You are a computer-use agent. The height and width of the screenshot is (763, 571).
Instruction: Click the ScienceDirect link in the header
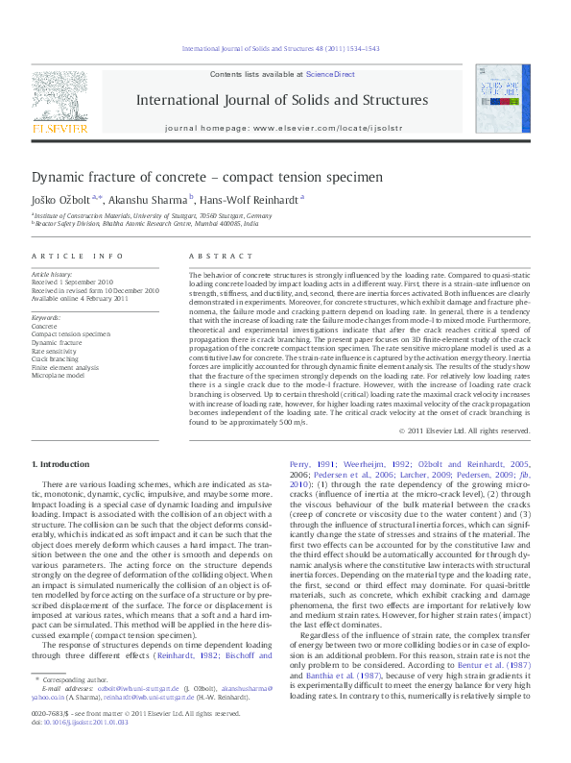click(x=330, y=74)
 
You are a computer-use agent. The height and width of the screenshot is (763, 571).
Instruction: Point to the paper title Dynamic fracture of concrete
click(x=194, y=178)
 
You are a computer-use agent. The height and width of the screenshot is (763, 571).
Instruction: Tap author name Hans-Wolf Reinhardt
click(x=251, y=199)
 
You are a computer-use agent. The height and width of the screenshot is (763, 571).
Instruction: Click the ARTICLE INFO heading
click(x=78, y=257)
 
